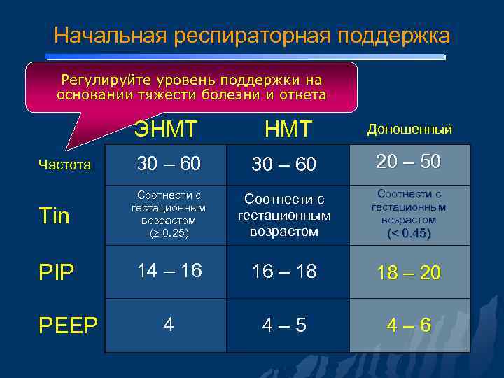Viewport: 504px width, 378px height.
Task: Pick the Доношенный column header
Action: pos(409,129)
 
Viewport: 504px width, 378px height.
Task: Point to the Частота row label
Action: pos(64,165)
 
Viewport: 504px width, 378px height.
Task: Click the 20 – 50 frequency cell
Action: pos(408,162)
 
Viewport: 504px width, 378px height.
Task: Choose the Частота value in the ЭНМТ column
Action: pos(169,164)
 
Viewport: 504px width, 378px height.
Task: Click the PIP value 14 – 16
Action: pos(169,270)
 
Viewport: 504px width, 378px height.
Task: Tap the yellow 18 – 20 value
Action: pos(408,273)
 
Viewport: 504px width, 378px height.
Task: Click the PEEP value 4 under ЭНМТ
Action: pos(169,324)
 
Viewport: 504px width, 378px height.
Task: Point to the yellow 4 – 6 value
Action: pos(408,325)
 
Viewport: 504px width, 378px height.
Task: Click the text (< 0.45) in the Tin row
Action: pos(408,233)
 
